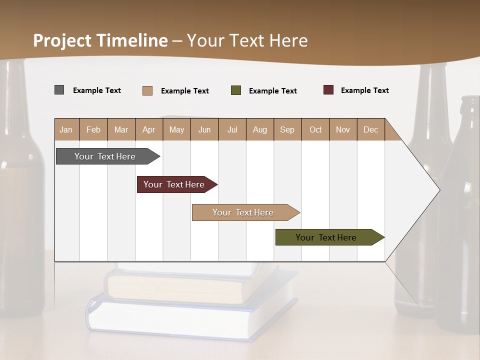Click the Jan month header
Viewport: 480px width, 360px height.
[x=66, y=129]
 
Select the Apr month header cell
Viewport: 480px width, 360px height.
[x=149, y=129]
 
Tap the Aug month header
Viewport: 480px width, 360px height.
[x=260, y=129]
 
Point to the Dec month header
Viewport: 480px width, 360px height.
[x=370, y=129]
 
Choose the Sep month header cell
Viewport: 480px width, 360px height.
[x=287, y=129]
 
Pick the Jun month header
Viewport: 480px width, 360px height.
[x=204, y=129]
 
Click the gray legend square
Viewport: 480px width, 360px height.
[x=59, y=90]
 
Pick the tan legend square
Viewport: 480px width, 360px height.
[x=147, y=90]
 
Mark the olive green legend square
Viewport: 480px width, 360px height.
[x=236, y=90]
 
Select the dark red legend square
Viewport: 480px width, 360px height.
[x=328, y=90]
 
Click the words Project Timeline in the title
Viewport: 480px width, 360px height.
[x=100, y=40]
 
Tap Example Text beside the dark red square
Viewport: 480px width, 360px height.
[x=365, y=90]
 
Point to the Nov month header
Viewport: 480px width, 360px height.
[x=343, y=129]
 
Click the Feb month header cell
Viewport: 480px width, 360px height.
[x=93, y=129]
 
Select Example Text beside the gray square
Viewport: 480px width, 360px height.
[x=97, y=90]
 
